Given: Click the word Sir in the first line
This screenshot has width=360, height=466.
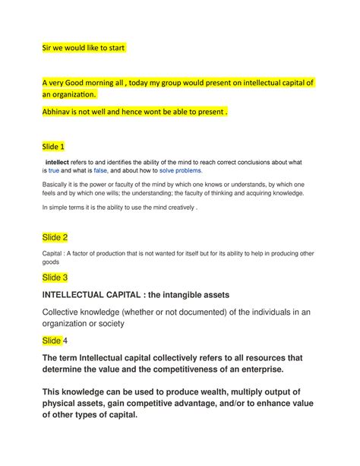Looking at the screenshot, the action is pos(47,48).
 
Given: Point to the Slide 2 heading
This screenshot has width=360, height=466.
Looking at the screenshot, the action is pos(55,237).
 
